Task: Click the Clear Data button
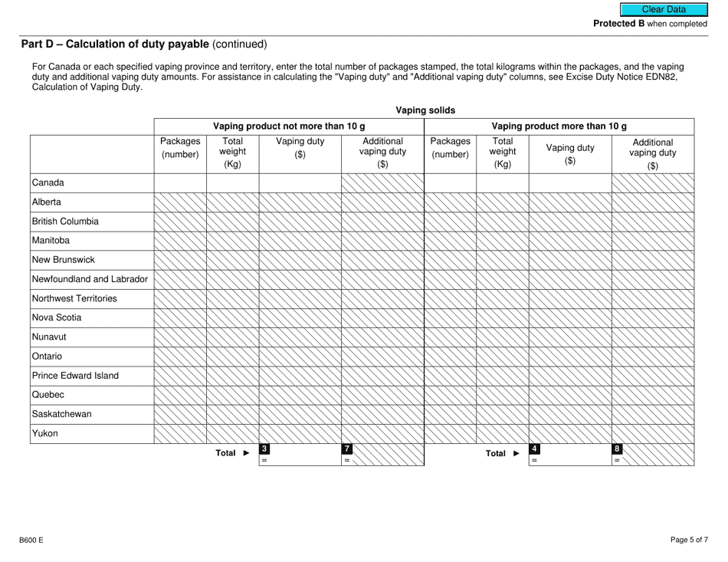[664, 9]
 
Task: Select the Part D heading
[144, 44]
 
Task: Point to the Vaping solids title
[425, 110]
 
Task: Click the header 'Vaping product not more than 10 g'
[288, 126]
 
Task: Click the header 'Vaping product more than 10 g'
[559, 126]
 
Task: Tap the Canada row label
[48, 182]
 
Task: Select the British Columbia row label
[65, 221]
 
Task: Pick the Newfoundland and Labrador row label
[90, 279]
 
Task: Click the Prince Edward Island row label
[75, 376]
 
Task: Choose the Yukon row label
[46, 433]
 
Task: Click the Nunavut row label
[51, 337]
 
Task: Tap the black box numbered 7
[347, 449]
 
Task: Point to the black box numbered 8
[618, 449]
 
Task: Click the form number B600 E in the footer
[31, 540]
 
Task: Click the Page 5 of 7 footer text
[689, 540]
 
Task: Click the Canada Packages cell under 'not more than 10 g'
[180, 182]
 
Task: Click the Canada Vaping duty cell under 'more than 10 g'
[569, 182]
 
